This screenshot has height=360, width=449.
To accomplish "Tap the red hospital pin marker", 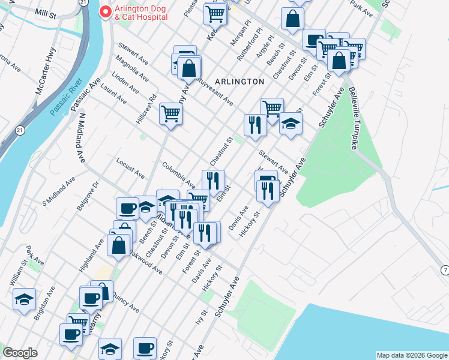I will [x=106, y=12].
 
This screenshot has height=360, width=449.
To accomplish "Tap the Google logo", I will [x=20, y=353].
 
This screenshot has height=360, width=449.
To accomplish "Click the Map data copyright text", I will [x=412, y=355].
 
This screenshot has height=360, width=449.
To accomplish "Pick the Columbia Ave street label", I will [x=178, y=174].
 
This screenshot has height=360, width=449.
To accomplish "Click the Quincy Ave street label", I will [x=126, y=303].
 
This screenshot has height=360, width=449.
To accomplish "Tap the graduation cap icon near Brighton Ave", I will [x=24, y=299].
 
